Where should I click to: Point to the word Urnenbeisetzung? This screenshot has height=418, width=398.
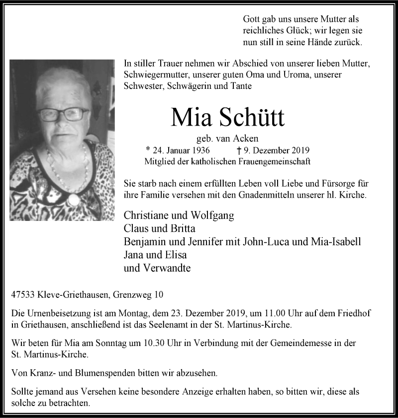(57, 314)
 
